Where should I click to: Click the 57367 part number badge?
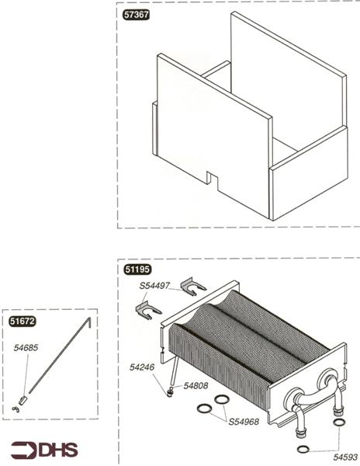(136, 15)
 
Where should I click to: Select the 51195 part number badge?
(137, 270)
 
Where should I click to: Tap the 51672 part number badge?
(22, 322)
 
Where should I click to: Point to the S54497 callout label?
(154, 286)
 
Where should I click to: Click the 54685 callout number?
(26, 348)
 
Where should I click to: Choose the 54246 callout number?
(142, 367)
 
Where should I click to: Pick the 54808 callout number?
(196, 386)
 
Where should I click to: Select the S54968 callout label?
(244, 422)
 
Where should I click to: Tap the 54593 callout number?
(345, 457)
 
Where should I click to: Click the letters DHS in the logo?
(58, 450)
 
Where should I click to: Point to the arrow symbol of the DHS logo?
(24, 450)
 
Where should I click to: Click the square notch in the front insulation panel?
(212, 179)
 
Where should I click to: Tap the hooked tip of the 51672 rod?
(89, 322)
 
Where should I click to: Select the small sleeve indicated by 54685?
(22, 400)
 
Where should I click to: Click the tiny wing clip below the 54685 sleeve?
(16, 409)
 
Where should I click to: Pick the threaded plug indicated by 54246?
(169, 394)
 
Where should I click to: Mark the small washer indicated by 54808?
(171, 388)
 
